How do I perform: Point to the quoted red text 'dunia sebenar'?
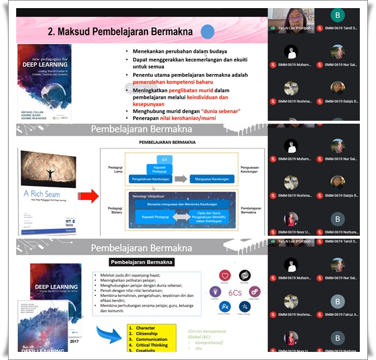click(x=219, y=110)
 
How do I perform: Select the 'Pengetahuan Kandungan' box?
click(x=157, y=179)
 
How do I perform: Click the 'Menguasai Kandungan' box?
click(x=213, y=179)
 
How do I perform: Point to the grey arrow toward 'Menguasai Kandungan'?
click(x=181, y=179)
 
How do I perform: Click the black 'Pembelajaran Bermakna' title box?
click(x=142, y=262)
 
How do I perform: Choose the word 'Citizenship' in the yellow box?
click(x=147, y=334)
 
